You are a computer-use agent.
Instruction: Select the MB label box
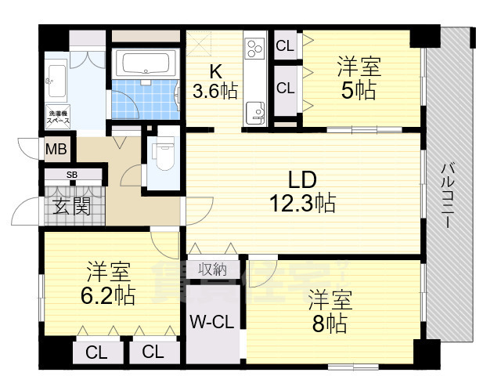pyautogui.click(x=55, y=149)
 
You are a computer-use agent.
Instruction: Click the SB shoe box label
pyautogui.click(x=71, y=175)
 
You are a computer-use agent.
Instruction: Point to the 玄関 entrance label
pyautogui.click(x=71, y=207)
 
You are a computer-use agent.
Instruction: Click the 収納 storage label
pyautogui.click(x=211, y=269)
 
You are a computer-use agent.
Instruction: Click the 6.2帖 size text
pyautogui.click(x=109, y=296)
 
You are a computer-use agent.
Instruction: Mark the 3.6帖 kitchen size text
pyautogui.click(x=215, y=91)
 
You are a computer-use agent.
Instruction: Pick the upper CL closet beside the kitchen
pyautogui.click(x=285, y=45)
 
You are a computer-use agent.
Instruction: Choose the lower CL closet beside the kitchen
pyautogui.click(x=285, y=88)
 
